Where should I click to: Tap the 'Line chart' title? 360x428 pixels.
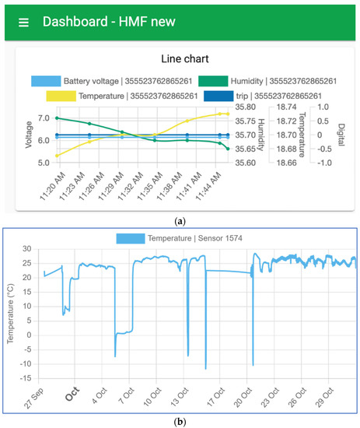180,58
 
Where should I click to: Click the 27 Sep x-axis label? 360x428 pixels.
39,398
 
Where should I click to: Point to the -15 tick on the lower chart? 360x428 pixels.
27,379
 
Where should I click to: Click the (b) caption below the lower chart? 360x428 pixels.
180,420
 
